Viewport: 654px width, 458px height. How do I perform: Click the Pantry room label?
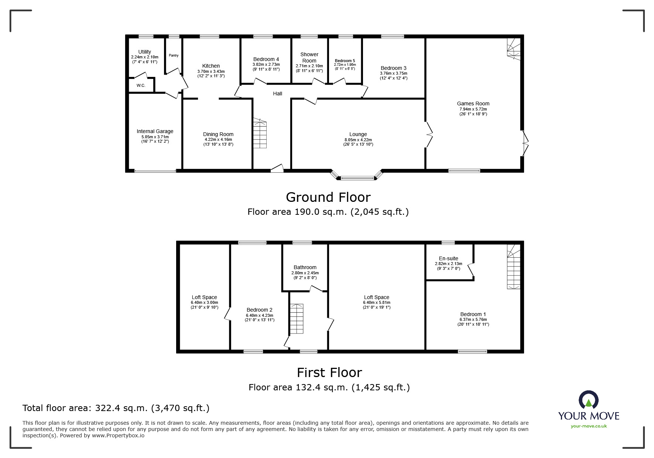click(x=174, y=55)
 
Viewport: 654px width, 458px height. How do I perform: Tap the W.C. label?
click(x=141, y=85)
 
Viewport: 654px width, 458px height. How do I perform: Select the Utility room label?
click(x=144, y=52)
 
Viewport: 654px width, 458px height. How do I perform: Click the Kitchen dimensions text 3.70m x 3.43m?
click(x=211, y=71)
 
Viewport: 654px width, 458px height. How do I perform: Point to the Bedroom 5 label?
click(x=345, y=61)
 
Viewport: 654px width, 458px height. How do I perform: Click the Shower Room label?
click(x=309, y=57)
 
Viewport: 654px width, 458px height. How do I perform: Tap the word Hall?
click(x=277, y=94)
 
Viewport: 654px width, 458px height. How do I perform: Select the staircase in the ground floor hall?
click(x=260, y=134)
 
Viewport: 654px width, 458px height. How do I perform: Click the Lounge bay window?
click(x=357, y=178)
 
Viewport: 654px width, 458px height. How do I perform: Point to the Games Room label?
click(x=473, y=104)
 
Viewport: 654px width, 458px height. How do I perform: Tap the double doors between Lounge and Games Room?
click(x=429, y=135)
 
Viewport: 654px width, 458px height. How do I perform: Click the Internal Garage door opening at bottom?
click(x=155, y=171)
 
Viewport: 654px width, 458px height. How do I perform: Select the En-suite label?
click(x=448, y=258)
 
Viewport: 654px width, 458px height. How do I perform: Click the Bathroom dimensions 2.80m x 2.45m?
click(x=305, y=273)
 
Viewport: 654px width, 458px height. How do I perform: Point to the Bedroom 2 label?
click(x=259, y=310)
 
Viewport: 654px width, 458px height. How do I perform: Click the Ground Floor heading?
click(x=328, y=197)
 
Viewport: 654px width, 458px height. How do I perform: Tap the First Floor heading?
click(x=329, y=372)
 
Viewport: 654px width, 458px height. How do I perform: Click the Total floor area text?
click(x=116, y=408)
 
